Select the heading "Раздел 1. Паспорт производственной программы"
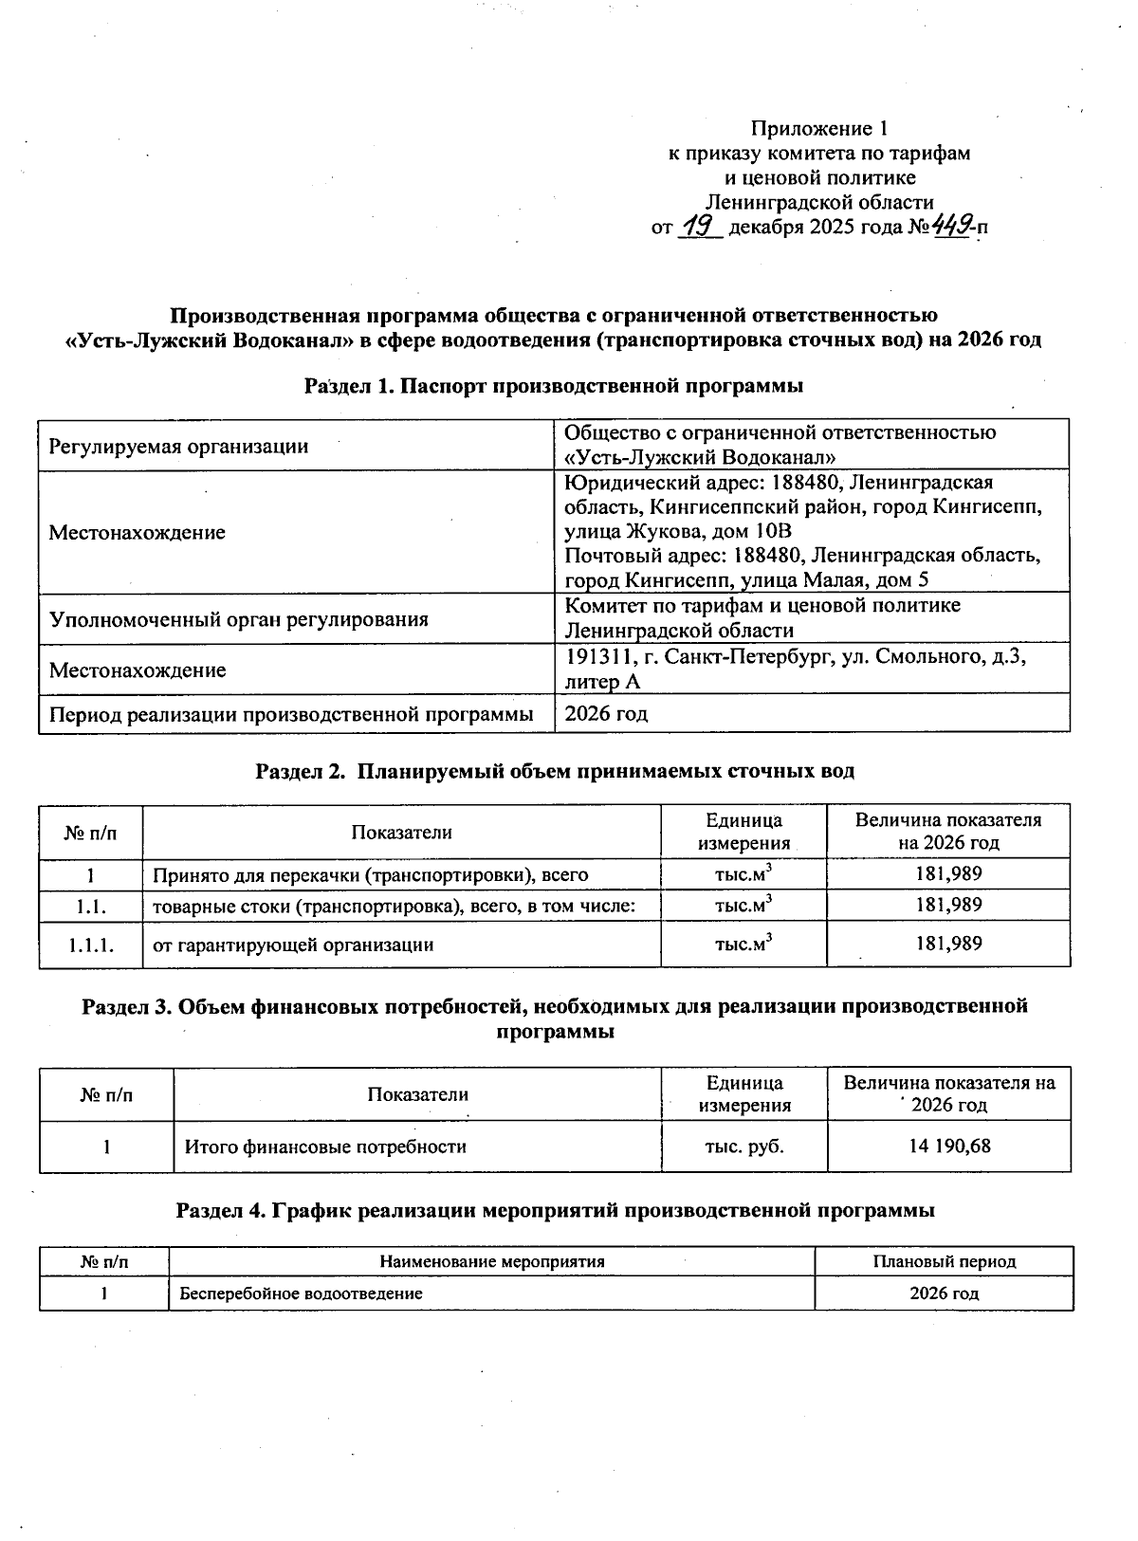click(554, 386)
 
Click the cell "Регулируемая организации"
click(178, 446)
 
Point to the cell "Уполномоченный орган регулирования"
click(238, 619)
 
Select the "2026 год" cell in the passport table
click(606, 714)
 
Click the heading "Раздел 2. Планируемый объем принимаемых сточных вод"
click(555, 770)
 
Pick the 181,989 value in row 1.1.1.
click(948, 944)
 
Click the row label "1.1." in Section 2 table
click(91, 906)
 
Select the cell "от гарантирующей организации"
click(293, 945)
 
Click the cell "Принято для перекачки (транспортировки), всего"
click(370, 874)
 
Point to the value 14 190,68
click(948, 1146)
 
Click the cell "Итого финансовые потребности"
click(325, 1147)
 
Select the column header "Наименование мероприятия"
click(491, 1261)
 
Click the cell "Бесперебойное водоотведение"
click(302, 1293)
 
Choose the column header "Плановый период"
click(944, 1261)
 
